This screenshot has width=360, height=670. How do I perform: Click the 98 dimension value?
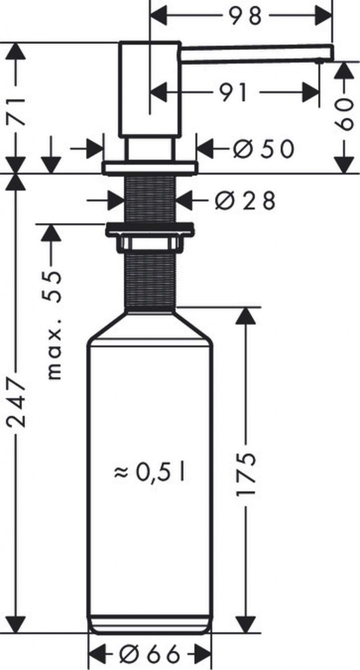[x=244, y=16]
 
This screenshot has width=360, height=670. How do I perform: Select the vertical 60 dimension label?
[x=344, y=114]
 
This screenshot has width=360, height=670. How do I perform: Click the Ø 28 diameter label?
[x=245, y=200]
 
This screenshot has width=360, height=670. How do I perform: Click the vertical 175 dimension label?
[x=246, y=473]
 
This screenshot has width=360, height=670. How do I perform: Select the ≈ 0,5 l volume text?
[x=150, y=472]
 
